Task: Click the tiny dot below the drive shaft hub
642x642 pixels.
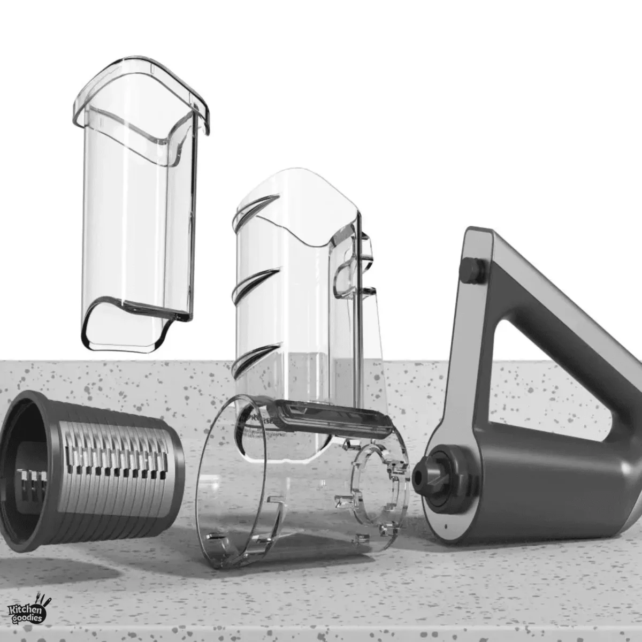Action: coord(446,527)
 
